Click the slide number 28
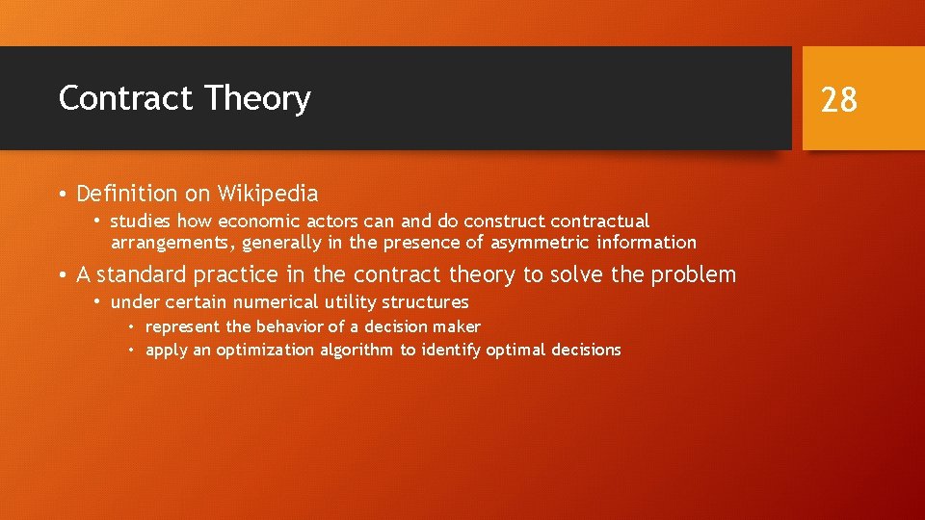(x=838, y=99)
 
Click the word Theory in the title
(x=257, y=99)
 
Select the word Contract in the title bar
(x=126, y=99)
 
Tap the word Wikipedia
(x=268, y=194)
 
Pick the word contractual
(x=600, y=221)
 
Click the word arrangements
(x=172, y=243)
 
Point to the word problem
(x=693, y=275)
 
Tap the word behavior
(x=288, y=327)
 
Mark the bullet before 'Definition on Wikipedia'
(x=62, y=195)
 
